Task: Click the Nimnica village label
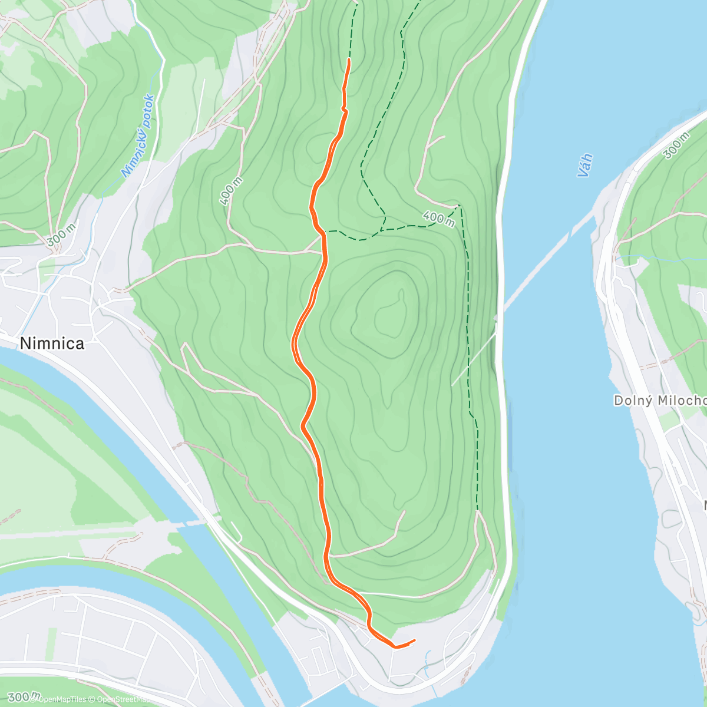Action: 52,343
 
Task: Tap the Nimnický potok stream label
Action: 138,136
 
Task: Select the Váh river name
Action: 584,166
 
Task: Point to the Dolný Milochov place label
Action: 660,401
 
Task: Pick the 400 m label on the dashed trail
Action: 438,219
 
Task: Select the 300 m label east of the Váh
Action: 676,145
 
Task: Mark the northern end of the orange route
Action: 349,60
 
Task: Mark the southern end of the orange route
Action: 414,640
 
